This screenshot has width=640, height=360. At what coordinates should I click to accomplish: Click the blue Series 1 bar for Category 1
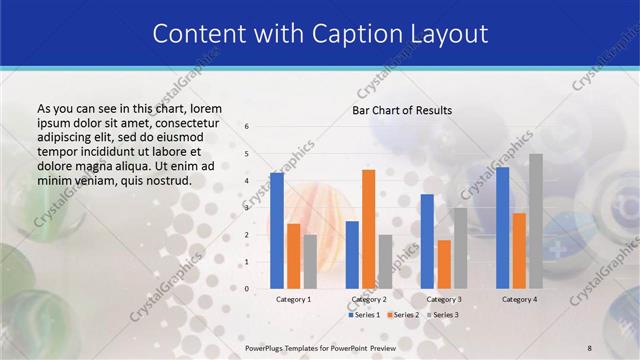(277, 231)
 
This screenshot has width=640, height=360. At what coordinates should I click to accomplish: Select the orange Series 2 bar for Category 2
(368, 229)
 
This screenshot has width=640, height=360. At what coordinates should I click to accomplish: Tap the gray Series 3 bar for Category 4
(536, 221)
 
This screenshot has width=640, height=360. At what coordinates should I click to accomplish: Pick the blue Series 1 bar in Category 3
(427, 241)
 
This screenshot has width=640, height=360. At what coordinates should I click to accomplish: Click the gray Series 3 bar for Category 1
(310, 262)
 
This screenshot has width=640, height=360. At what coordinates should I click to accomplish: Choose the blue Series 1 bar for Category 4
(502, 228)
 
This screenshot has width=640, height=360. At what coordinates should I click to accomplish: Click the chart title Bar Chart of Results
(402, 110)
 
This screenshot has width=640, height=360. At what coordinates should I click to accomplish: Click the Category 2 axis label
(368, 299)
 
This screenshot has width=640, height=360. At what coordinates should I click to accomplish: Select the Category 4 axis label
(519, 299)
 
